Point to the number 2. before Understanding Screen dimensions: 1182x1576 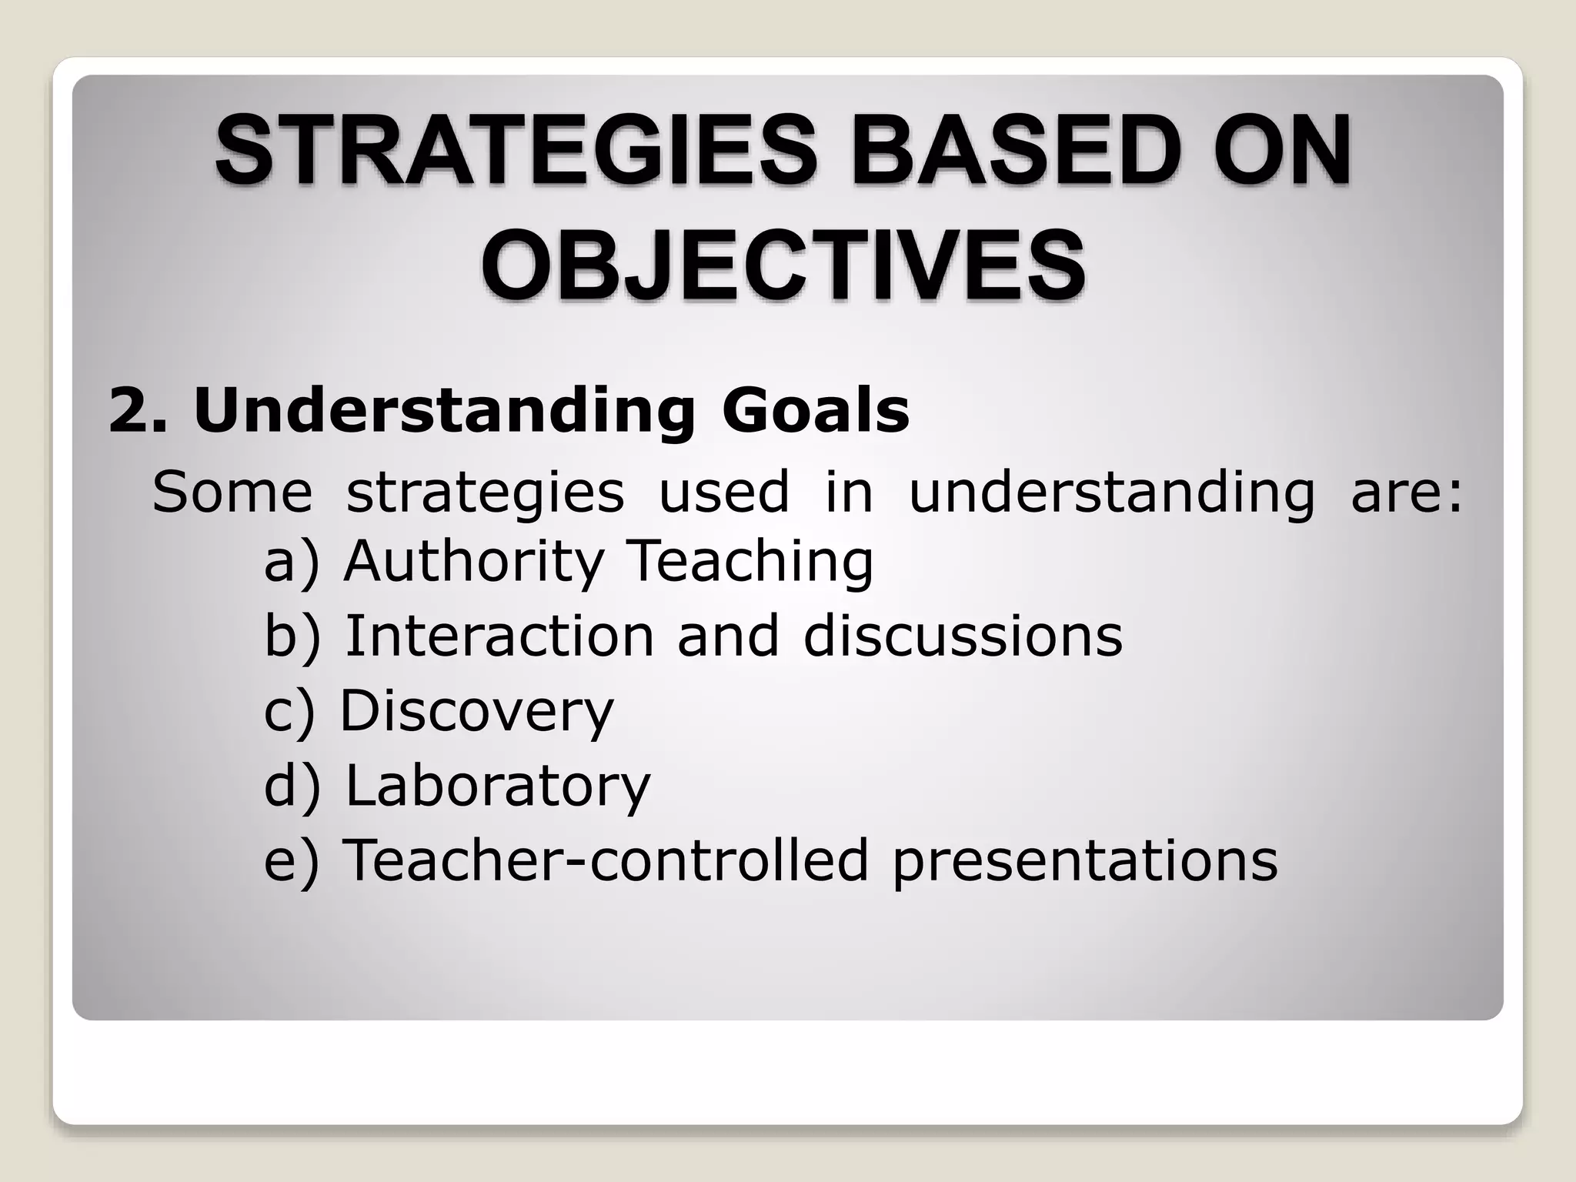click(138, 411)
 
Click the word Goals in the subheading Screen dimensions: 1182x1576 click(816, 411)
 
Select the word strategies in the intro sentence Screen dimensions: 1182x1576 click(485, 493)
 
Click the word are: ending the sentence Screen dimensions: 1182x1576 click(1407, 492)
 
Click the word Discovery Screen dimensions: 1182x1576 click(477, 711)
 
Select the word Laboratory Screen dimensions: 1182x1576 click(498, 786)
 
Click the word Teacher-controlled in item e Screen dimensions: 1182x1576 click(605, 860)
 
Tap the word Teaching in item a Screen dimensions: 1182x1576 click(751, 562)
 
